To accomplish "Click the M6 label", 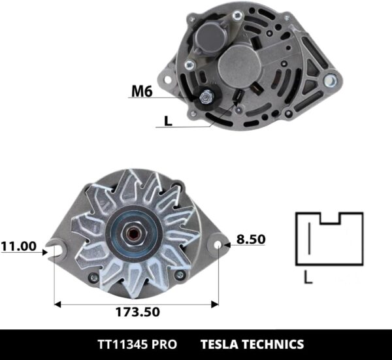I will [142, 91].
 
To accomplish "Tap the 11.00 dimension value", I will [18, 246].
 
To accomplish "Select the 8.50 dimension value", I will [251, 240].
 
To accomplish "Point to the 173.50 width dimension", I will [137, 312].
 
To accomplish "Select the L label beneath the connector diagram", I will [308, 280].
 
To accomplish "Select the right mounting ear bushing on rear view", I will [330, 81].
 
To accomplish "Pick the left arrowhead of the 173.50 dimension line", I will [57, 303].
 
